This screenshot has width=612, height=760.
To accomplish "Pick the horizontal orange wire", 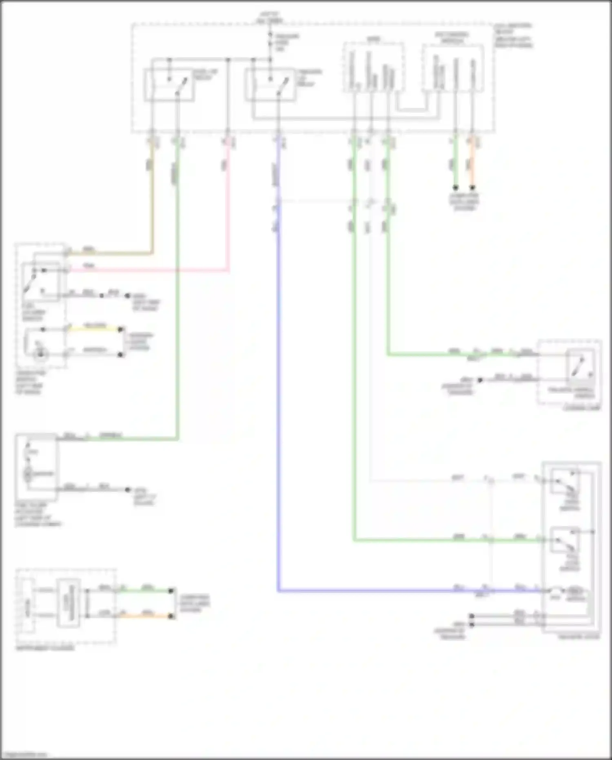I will click(x=147, y=616).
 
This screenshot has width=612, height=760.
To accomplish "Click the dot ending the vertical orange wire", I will click(x=472, y=187).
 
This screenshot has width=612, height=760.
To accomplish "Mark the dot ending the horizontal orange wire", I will click(x=171, y=616).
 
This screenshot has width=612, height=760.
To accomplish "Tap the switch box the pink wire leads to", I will click(x=41, y=282).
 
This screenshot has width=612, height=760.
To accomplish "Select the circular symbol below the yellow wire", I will click(x=40, y=354).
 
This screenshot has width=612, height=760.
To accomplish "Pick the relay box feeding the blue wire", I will click(x=270, y=85).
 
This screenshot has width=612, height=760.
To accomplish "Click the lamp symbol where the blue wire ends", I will click(x=556, y=591).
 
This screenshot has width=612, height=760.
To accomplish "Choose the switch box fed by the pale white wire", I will click(x=565, y=482).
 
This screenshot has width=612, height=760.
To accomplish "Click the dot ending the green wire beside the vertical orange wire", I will click(x=455, y=187).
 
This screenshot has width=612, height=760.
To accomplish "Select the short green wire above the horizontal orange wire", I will click(x=147, y=591).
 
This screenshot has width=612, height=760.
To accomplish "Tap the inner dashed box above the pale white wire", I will click(x=373, y=67).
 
